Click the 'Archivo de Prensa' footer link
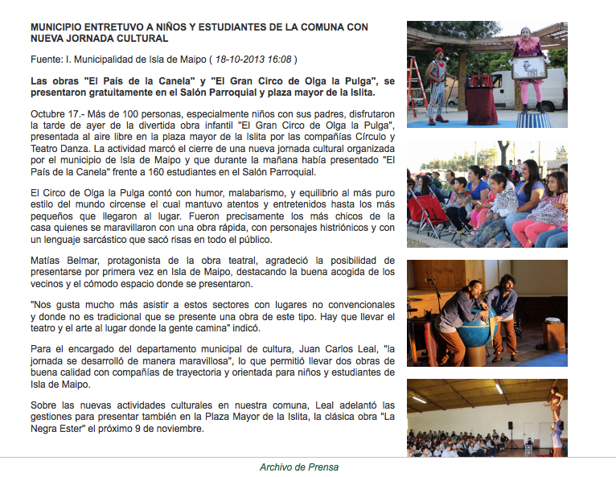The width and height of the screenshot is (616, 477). coord(299,467)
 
